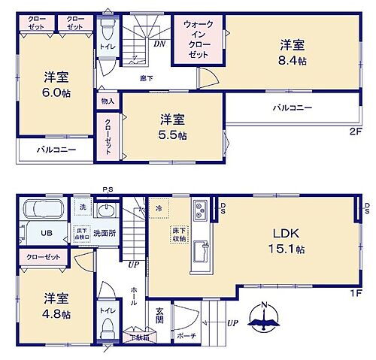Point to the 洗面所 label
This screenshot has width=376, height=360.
(103, 231)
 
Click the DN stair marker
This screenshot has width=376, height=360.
(160, 44)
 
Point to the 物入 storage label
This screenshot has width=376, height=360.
(107, 101)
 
